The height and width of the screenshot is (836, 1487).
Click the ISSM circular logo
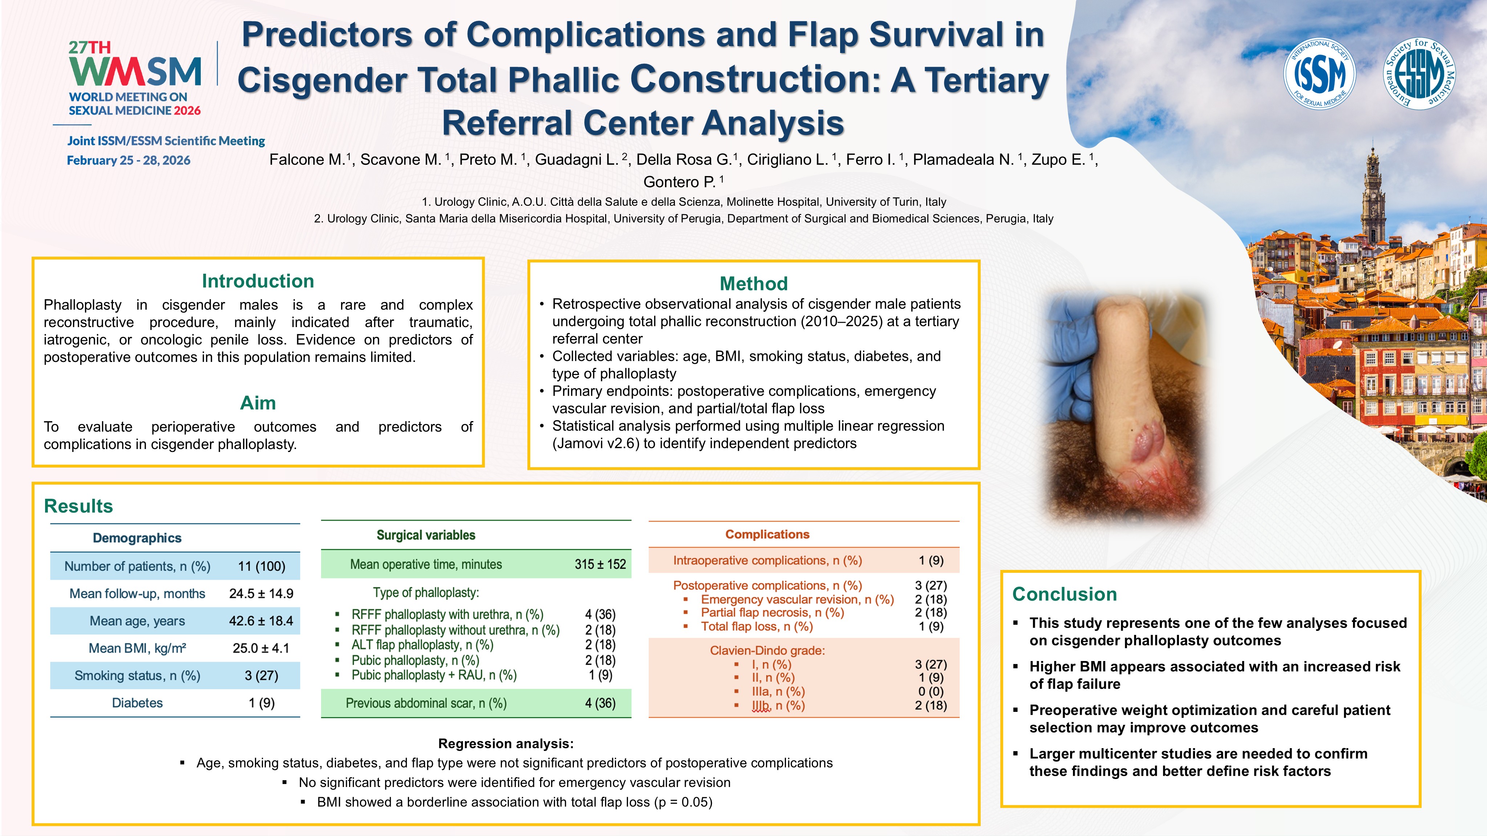[x=1319, y=74]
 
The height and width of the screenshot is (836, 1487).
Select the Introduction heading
[x=258, y=281]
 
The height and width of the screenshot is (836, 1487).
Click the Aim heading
[x=258, y=403]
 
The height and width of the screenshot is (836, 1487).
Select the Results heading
[x=78, y=506]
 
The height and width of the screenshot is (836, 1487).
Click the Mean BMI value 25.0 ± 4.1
[x=261, y=648]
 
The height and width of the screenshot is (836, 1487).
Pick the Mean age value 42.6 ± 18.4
[x=261, y=621]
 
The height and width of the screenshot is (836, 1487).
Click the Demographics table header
[x=137, y=538]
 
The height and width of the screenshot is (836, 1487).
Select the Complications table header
[x=767, y=534]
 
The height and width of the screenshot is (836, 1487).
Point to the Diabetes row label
[x=137, y=703]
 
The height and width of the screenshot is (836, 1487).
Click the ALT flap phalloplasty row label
[x=422, y=645]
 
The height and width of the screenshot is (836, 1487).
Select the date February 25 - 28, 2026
[x=128, y=160]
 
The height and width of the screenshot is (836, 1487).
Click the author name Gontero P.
[x=679, y=182]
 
